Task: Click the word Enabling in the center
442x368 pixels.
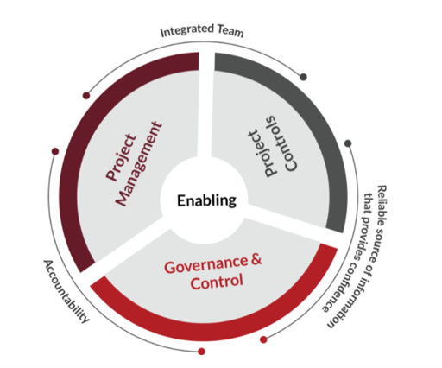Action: coord(206,200)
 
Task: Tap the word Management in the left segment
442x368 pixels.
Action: coord(139,164)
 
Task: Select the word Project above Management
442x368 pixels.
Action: coord(121,157)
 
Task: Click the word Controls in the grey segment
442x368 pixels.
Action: coord(283,143)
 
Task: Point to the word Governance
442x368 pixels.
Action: coord(206,264)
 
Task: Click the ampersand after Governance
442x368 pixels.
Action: coord(256,259)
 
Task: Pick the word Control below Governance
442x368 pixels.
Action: coord(217,282)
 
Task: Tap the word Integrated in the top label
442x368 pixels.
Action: coord(187,31)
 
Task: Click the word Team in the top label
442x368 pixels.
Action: coord(230,31)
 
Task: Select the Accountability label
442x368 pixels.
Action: coord(66,291)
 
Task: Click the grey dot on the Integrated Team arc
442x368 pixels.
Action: coord(303,77)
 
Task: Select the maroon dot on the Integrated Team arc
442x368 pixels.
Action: coord(86,96)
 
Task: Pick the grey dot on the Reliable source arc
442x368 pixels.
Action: coord(348,143)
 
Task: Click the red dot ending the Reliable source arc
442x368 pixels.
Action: coord(263,339)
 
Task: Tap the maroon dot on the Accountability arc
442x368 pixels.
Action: coord(55,151)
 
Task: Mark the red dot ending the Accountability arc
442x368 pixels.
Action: coord(202,352)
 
